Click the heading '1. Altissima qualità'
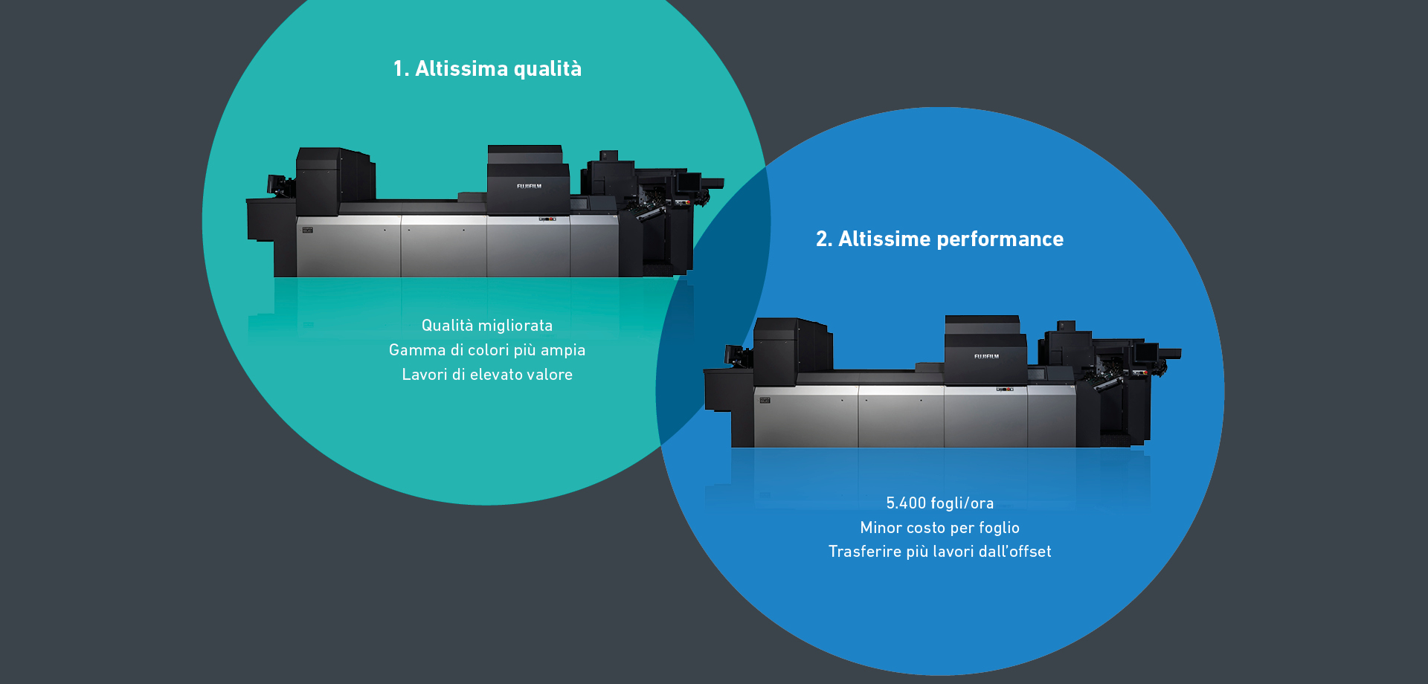pos(487,68)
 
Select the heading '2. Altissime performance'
pos(939,239)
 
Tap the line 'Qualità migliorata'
pos(487,326)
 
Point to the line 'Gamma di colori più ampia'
pos(487,350)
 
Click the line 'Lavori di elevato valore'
pos(487,375)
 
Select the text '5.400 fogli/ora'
pos(939,503)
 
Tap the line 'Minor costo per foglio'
pos(939,528)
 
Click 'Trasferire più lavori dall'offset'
pos(939,552)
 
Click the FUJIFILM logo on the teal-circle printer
pos(529,186)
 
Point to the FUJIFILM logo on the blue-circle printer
pos(986,356)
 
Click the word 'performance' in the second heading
pos(1000,239)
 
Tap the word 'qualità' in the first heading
pos(548,69)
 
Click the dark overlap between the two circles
pos(714,312)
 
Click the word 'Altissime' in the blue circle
pos(884,239)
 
